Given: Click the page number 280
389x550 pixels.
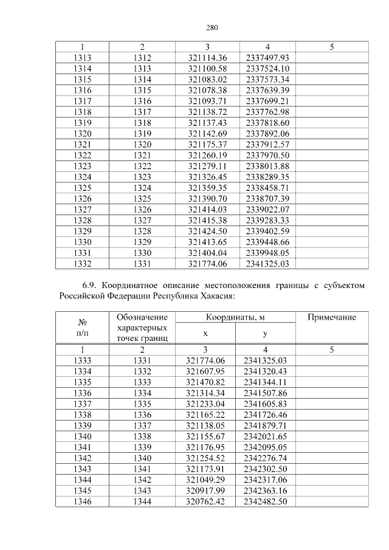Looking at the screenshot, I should (x=212, y=28).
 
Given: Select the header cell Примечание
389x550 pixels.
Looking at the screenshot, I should (x=331, y=318).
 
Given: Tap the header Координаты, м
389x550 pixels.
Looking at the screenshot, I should (x=235, y=318).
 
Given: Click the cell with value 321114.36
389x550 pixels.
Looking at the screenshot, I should (x=207, y=57).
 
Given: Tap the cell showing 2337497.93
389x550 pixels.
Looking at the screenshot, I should (x=267, y=57).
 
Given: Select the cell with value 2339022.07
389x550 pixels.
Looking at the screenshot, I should (x=267, y=209).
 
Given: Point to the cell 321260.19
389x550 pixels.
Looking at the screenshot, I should (x=207, y=155).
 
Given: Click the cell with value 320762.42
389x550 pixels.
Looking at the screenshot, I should (x=205, y=501).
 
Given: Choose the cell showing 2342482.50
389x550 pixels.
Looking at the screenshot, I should (x=265, y=501).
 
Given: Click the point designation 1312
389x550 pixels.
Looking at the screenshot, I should (x=142, y=57).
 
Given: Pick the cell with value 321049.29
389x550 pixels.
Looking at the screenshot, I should (x=205, y=480).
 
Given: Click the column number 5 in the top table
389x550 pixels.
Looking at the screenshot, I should (x=331, y=47).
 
